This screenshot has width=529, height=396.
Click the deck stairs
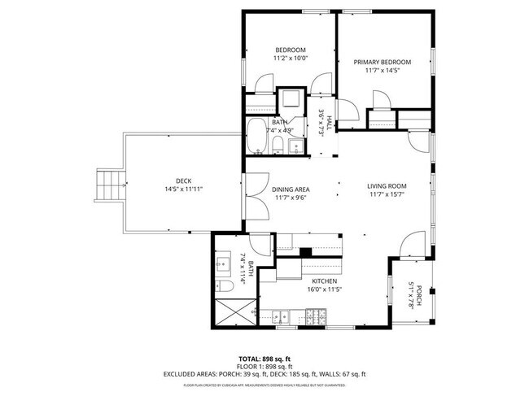pos(109,188)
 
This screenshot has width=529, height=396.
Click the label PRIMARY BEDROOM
pos(382,62)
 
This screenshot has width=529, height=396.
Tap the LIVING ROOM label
pos(387,186)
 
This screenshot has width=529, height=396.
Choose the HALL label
pos(331,123)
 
